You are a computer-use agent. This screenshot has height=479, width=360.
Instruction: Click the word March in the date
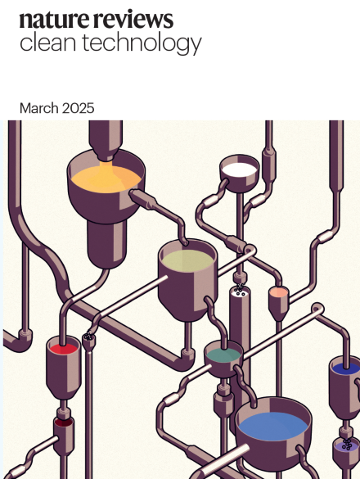[x=38, y=108]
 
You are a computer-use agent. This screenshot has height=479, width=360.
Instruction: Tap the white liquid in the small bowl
[x=240, y=169]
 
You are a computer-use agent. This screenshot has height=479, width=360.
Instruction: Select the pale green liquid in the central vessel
[x=187, y=260]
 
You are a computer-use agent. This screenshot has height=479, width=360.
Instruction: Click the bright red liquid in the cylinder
[x=63, y=349]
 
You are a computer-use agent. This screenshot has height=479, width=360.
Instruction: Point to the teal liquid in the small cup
[x=223, y=355]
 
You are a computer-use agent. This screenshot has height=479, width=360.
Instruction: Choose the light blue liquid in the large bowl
[x=272, y=426]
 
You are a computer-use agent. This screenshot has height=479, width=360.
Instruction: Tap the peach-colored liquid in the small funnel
[x=279, y=292]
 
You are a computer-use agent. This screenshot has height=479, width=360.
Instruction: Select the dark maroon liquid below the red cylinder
[x=63, y=423]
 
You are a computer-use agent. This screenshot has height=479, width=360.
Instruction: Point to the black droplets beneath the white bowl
[x=239, y=289]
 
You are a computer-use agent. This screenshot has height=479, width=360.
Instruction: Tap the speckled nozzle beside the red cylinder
[x=88, y=337]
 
